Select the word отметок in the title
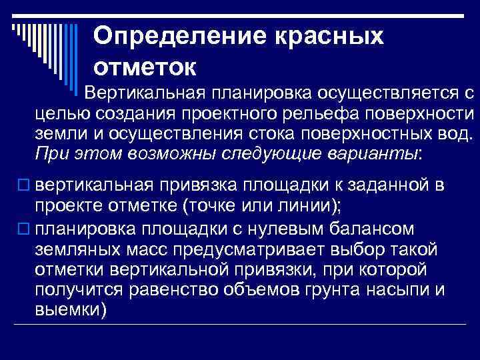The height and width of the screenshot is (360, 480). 145,66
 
